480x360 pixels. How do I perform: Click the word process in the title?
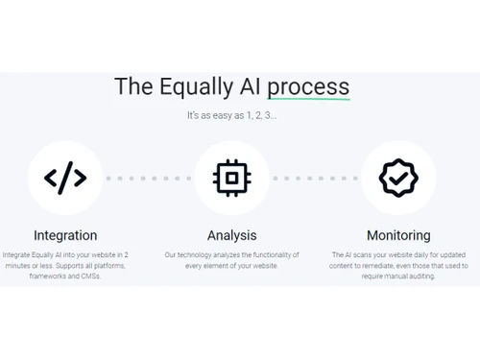coord(308,86)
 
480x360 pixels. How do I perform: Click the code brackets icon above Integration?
coord(65,178)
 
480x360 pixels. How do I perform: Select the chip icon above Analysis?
coord(231,178)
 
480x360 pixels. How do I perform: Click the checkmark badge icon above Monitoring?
coord(398,178)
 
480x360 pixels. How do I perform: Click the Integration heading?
coord(65,235)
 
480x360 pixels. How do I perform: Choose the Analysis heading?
coord(231,235)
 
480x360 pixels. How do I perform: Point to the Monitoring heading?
coord(398,235)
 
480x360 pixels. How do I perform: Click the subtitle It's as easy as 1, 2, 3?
coord(231,116)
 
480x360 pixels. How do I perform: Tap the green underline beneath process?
coord(308,99)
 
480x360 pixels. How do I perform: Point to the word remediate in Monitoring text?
coord(367,266)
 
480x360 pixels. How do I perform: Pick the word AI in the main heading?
coord(249,86)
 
